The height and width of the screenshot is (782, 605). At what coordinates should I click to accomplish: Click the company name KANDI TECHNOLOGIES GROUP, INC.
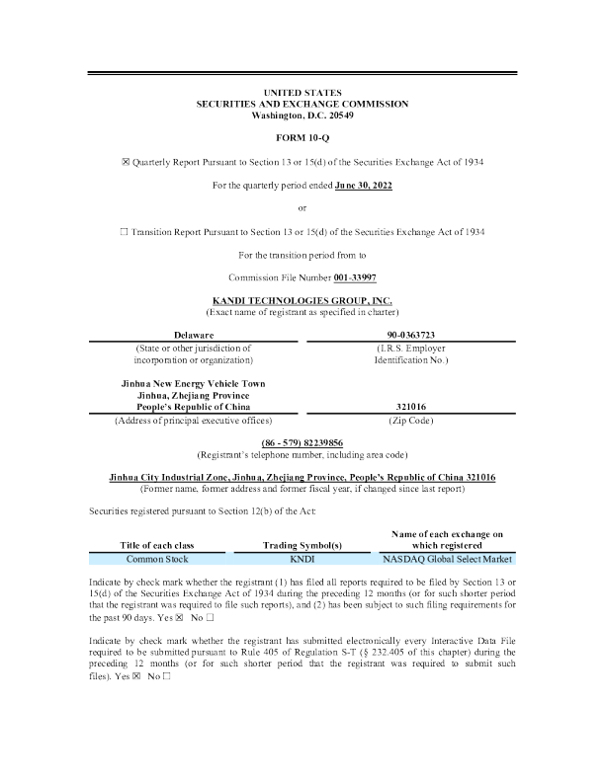click(x=302, y=299)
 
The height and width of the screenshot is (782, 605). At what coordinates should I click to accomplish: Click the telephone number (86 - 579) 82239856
click(x=302, y=441)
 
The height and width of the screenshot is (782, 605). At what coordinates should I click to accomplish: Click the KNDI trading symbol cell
click(x=302, y=558)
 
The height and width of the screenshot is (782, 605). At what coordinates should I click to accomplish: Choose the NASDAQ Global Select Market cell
click(x=443, y=558)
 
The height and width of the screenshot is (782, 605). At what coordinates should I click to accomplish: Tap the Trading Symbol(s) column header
click(x=302, y=544)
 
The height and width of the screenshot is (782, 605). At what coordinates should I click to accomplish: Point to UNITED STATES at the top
click(x=302, y=92)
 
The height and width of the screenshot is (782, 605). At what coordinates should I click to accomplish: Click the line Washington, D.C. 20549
click(x=302, y=115)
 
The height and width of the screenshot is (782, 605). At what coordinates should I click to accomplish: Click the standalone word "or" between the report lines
click(x=302, y=207)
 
